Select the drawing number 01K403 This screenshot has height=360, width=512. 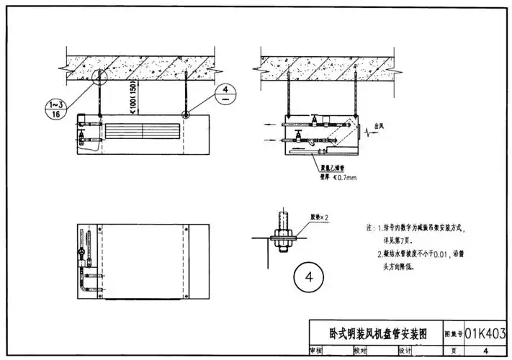click(485, 333)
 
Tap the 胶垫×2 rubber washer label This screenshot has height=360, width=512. click(320, 216)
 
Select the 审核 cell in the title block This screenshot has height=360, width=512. click(315, 351)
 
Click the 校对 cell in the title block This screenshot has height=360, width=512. click(359, 351)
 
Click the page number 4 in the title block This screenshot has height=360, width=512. click(485, 351)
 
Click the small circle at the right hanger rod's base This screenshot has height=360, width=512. click(187, 114)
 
